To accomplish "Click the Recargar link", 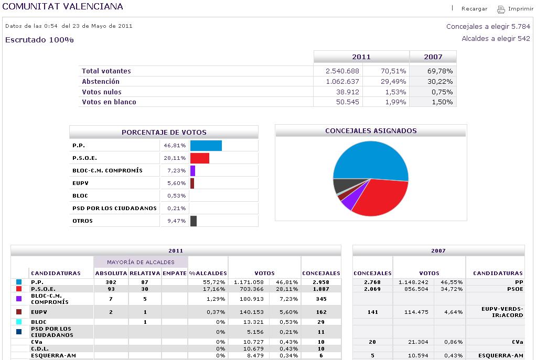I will pyautogui.click(x=474, y=9).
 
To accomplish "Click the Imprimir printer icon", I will pyautogui.click(x=501, y=9).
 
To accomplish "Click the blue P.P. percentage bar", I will pyautogui.click(x=206, y=146).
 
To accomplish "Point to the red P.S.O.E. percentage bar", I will pyautogui.click(x=199, y=158).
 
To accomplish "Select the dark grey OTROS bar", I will pyautogui.click(x=194, y=221).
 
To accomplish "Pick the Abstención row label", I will pyautogui.click(x=101, y=82).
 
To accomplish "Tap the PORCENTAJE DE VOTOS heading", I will pyautogui.click(x=164, y=133).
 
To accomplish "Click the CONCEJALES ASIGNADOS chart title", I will pyautogui.click(x=371, y=131).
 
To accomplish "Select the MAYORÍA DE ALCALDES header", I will pyautogui.click(x=141, y=262).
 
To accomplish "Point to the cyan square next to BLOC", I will pyautogui.click(x=19, y=322).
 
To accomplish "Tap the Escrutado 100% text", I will pyautogui.click(x=39, y=40).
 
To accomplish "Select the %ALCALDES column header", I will pyautogui.click(x=208, y=274).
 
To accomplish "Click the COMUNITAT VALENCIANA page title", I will pyautogui.click(x=63, y=7).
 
